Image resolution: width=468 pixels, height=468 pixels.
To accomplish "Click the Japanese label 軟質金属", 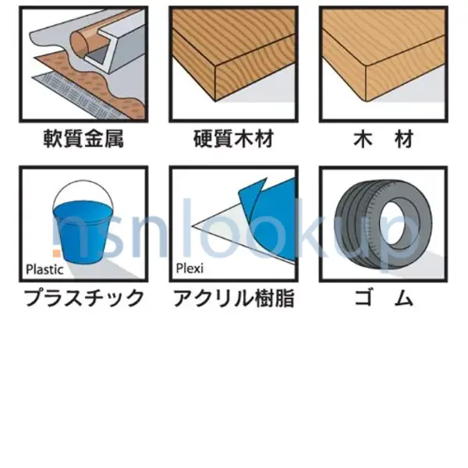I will pyautogui.click(x=83, y=140).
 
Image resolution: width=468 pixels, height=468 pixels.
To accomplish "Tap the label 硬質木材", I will pyautogui.click(x=234, y=140).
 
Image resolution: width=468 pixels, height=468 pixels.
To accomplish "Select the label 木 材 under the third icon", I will pyautogui.click(x=383, y=140).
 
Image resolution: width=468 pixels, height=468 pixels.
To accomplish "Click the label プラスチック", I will pyautogui.click(x=83, y=298).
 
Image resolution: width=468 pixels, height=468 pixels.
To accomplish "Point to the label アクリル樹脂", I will pyautogui.click(x=234, y=298).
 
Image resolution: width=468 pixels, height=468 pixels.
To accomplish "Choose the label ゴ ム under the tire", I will pyautogui.click(x=383, y=298).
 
